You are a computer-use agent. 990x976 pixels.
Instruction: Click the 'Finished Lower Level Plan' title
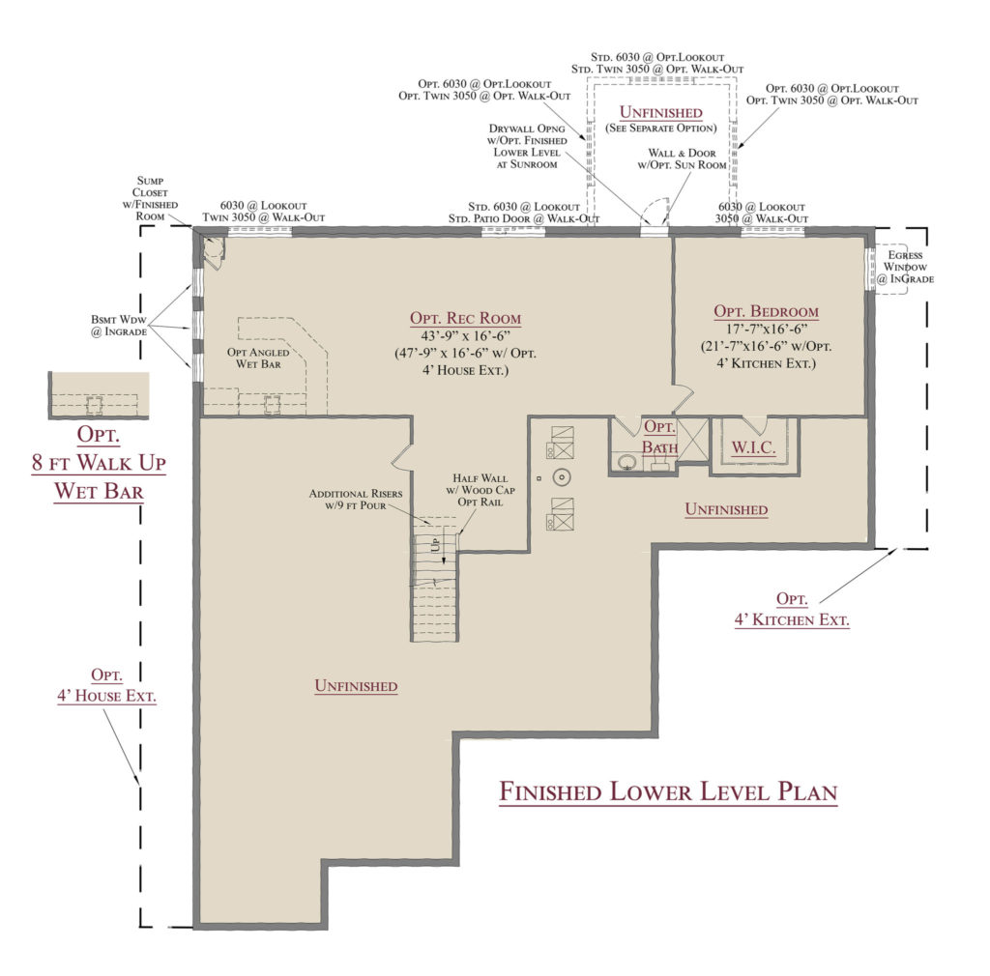pos(668,791)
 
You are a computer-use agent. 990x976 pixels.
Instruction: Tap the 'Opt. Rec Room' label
pos(465,318)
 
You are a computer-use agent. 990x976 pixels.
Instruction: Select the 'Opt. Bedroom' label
pos(766,311)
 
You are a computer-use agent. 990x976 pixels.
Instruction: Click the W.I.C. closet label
pos(753,447)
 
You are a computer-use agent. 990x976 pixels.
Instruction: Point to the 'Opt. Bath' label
pos(659,437)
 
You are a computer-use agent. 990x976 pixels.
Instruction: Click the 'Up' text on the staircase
pos(435,544)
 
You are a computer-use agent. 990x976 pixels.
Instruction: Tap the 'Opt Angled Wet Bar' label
pos(258,358)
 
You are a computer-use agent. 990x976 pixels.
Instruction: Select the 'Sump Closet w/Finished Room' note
pos(150,198)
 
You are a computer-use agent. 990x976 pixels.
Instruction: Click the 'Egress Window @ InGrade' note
pos(905,267)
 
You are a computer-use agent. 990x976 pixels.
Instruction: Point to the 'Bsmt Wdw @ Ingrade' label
pos(119,325)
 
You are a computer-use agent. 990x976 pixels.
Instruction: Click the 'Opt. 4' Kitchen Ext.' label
pos(792,610)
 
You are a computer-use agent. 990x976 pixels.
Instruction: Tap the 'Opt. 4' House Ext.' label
pos(106,685)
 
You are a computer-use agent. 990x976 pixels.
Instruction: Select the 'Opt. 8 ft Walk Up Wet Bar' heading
pos(99,463)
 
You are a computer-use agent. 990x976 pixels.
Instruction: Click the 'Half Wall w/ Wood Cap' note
pos(480,484)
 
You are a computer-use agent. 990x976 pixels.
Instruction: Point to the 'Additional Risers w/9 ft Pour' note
pos(356,499)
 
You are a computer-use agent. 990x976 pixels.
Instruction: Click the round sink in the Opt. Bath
pos(626,463)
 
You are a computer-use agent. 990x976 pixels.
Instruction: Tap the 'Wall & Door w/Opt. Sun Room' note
pos(682,159)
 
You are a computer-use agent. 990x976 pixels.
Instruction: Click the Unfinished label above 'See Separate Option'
pos(661,112)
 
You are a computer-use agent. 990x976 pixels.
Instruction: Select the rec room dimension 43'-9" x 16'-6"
pos(465,336)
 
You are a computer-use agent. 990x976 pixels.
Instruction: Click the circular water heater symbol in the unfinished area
pos(562,477)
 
